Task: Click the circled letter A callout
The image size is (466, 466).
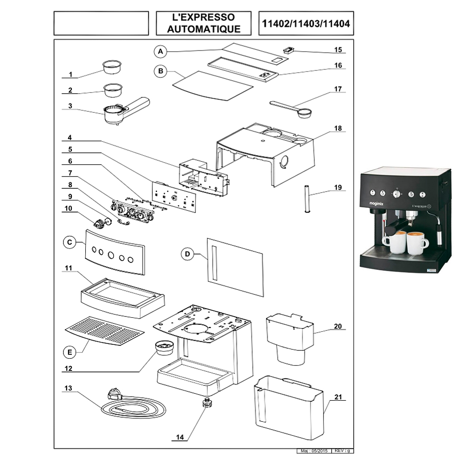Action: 160,50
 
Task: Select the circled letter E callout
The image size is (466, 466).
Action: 69,353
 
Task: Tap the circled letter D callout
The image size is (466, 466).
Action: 187,254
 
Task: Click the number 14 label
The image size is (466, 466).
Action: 180,437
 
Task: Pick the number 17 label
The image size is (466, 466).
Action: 338,89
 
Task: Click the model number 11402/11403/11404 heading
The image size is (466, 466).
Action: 306,23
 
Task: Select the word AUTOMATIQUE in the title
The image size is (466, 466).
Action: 204,29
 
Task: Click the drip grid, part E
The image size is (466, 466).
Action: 104,330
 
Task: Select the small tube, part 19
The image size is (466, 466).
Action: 306,199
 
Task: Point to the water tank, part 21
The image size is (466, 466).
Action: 289,406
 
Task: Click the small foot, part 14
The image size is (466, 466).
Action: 206,402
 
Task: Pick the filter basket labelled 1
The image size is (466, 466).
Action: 111,67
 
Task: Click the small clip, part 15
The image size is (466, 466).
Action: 288,49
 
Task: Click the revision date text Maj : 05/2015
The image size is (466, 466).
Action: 313,452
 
